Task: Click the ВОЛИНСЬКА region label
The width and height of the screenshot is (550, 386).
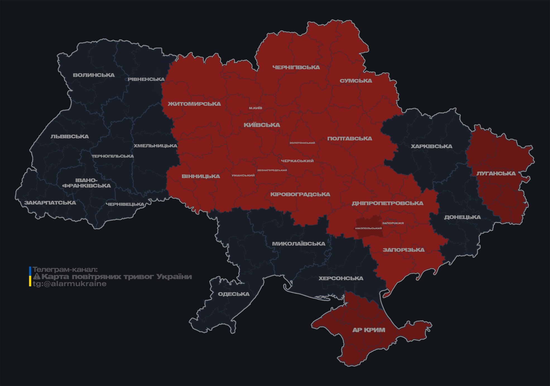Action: pos(94,75)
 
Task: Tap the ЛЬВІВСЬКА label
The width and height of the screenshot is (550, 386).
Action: pos(70,136)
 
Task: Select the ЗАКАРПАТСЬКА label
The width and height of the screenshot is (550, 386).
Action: pos(50,203)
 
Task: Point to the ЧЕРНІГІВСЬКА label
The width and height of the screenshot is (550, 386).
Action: pos(296,67)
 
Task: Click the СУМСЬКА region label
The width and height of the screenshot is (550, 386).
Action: pos(356,81)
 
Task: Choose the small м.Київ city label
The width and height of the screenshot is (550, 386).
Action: pos(256,108)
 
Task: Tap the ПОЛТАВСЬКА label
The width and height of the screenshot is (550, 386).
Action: pos(350,138)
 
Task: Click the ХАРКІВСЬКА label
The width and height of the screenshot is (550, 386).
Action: pos(431,146)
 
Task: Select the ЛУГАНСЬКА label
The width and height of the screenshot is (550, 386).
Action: pos(496,173)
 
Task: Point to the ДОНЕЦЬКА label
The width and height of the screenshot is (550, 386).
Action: pos(462,217)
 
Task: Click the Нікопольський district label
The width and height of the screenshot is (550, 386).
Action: pos(368,228)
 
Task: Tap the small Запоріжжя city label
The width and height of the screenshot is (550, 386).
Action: pos(393,223)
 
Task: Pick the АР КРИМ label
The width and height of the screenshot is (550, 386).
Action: pos(369,330)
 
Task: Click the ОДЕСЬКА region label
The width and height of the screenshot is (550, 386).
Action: pos(234,294)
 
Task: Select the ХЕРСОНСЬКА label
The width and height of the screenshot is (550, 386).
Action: pos(341,278)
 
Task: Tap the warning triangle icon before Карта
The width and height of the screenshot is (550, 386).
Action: pos(37,277)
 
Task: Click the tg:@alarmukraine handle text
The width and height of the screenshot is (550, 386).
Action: pos(70,284)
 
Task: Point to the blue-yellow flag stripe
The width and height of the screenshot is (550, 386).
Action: pos(30,277)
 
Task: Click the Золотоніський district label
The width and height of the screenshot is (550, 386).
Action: pos(302,143)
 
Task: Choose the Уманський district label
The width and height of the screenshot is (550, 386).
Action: pos(243,176)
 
